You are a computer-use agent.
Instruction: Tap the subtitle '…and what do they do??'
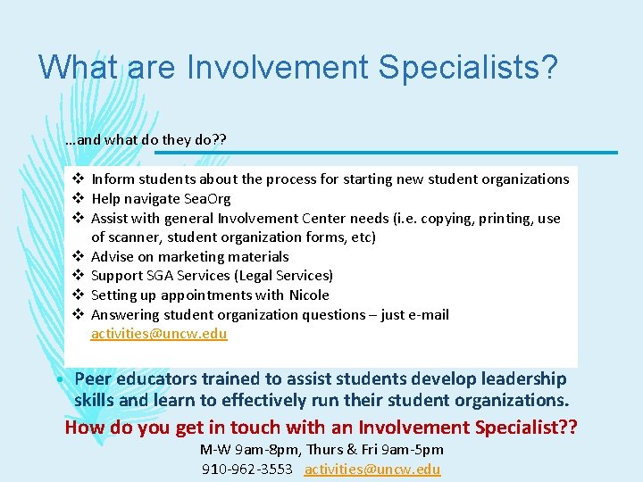146,140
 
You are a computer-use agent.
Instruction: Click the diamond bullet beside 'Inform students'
78,179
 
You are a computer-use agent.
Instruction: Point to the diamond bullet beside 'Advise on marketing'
78,257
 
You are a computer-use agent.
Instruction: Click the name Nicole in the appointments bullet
309,295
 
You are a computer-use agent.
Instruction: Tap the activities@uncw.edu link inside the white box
159,335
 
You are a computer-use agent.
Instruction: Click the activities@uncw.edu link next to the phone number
372,470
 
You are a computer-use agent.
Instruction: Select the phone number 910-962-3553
246,470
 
